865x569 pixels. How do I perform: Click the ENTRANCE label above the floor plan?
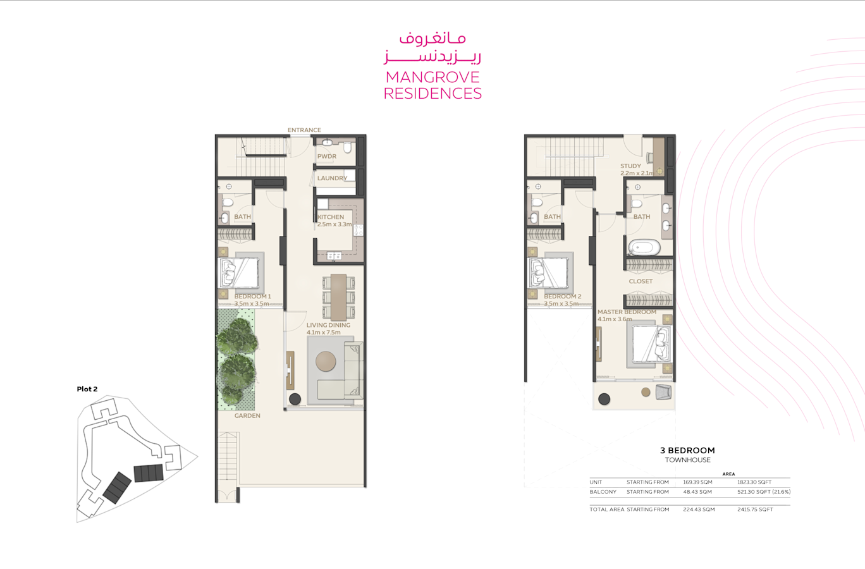pyautogui.click(x=304, y=130)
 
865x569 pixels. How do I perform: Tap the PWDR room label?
pyautogui.click(x=327, y=156)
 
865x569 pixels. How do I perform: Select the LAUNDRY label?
pyautogui.click(x=332, y=178)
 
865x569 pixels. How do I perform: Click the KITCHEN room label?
pyautogui.click(x=331, y=217)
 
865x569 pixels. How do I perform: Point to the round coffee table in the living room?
pyautogui.click(x=326, y=362)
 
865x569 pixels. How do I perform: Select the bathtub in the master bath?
pyautogui.click(x=644, y=248)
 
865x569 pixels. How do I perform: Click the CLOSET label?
pyautogui.click(x=641, y=281)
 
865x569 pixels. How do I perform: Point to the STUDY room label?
pyautogui.click(x=630, y=166)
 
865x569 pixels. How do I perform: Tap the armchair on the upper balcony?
pyautogui.click(x=663, y=392)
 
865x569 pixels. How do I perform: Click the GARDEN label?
pyautogui.click(x=247, y=416)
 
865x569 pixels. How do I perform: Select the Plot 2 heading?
pyautogui.click(x=87, y=389)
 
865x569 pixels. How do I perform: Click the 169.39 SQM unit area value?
pyautogui.click(x=698, y=482)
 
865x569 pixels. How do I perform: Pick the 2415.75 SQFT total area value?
pyautogui.click(x=756, y=510)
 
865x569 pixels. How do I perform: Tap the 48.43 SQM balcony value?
pyautogui.click(x=697, y=492)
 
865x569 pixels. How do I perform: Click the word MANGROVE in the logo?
pyautogui.click(x=432, y=78)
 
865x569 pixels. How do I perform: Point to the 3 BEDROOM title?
pyautogui.click(x=687, y=451)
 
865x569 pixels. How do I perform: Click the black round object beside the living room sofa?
pyautogui.click(x=295, y=399)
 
